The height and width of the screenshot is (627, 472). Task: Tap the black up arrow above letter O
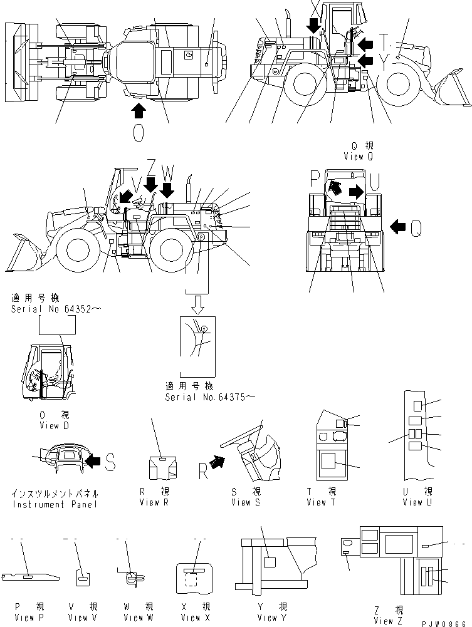(139, 111)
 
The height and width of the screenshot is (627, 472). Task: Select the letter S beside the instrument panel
(110, 462)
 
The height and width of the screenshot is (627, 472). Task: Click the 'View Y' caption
(267, 618)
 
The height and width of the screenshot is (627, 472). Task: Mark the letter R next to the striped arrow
(203, 471)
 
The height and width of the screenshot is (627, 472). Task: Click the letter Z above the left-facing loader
(151, 167)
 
